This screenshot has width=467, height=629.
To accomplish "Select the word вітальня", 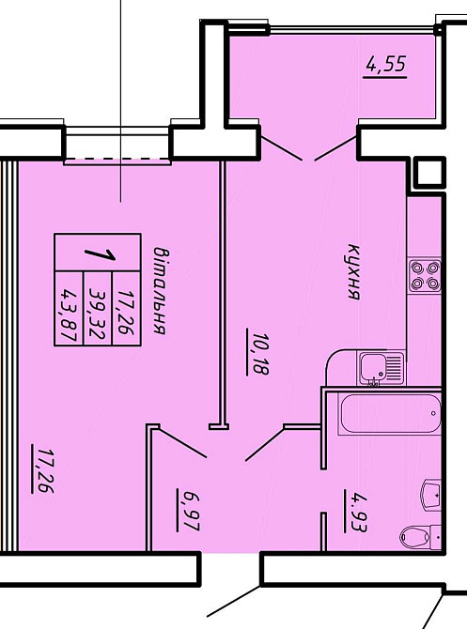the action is [x=161, y=291].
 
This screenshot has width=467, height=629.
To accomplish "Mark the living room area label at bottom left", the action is [x=44, y=470].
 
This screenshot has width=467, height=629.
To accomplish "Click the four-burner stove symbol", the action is [x=425, y=276].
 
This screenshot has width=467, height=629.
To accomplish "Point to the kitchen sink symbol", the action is [x=381, y=367].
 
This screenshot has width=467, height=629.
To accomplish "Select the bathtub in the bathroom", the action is [x=390, y=413].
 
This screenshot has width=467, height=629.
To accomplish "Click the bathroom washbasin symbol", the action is [x=431, y=494].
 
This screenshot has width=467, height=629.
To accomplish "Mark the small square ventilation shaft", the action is [x=429, y=173].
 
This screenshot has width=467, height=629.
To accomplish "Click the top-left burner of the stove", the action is [x=417, y=268].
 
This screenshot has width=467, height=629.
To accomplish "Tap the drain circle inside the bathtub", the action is [x=433, y=413].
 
